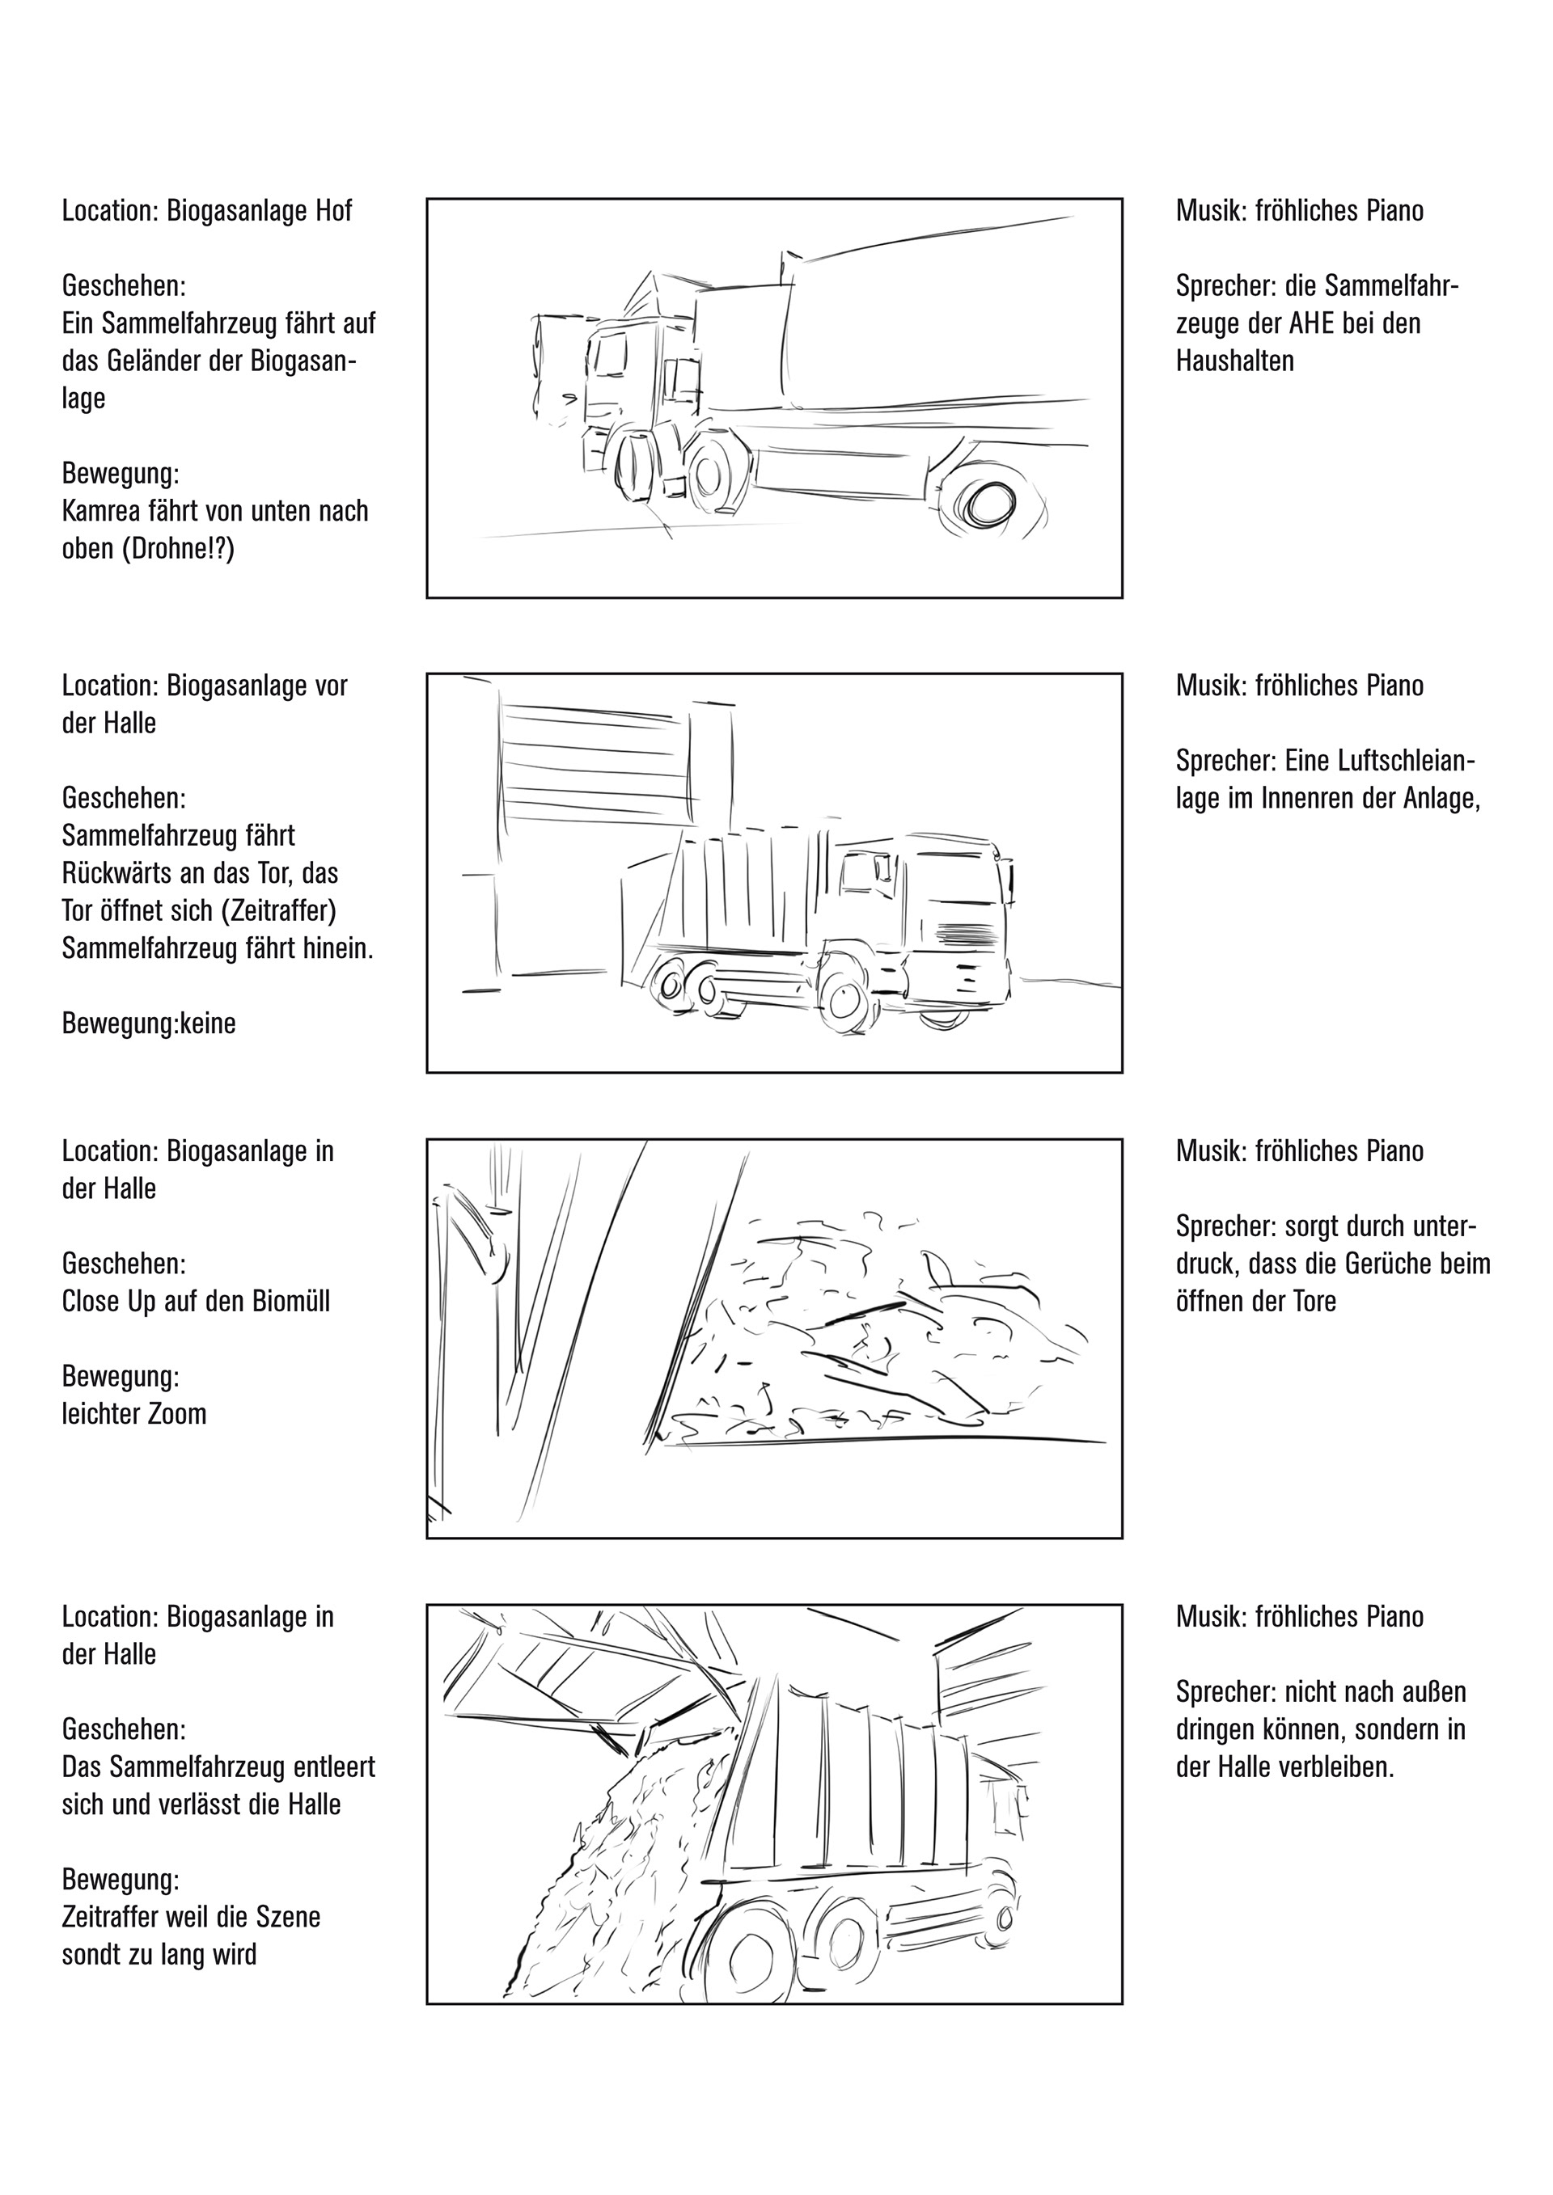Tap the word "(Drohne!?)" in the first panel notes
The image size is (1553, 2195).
click(x=178, y=549)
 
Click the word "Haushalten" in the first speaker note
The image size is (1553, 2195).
click(x=1234, y=361)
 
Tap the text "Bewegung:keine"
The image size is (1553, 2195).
click(x=148, y=1024)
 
